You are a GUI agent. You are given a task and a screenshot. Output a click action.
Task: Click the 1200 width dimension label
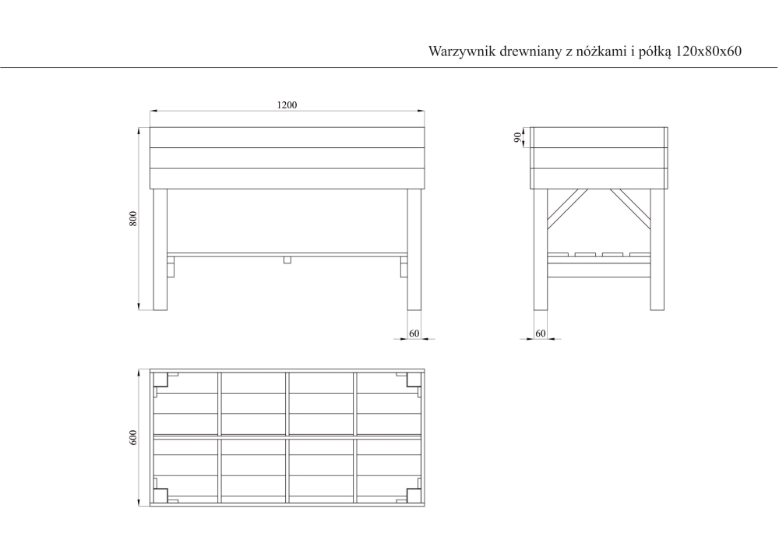(x=287, y=105)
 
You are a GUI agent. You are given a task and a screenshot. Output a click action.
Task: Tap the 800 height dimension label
(x=133, y=219)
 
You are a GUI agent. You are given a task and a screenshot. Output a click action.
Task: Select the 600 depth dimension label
(x=133, y=438)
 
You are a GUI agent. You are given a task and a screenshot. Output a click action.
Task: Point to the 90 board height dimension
(x=518, y=137)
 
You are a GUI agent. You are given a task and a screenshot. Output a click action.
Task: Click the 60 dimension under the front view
(x=414, y=334)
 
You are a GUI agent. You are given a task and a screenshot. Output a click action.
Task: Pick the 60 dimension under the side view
(x=541, y=334)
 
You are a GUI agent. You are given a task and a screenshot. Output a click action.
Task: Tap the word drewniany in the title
(x=530, y=51)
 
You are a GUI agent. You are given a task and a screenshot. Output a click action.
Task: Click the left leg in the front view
(x=160, y=249)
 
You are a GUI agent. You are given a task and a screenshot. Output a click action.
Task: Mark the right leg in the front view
(x=414, y=249)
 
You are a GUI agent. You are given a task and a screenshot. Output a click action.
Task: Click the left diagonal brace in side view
(x=567, y=209)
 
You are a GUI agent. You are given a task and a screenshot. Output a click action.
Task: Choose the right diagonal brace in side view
(x=630, y=209)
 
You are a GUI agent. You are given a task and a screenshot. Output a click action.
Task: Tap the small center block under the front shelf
(x=287, y=260)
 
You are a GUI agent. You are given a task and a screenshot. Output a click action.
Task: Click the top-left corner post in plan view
(x=160, y=380)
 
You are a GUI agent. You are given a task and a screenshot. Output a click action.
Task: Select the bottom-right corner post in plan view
(x=414, y=496)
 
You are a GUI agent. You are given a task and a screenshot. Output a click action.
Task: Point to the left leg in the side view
(x=541, y=249)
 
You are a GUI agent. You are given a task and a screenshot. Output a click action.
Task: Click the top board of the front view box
(x=287, y=138)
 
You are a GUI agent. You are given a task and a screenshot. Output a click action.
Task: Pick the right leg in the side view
(x=657, y=249)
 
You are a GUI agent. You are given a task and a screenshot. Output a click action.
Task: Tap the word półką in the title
(x=655, y=51)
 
